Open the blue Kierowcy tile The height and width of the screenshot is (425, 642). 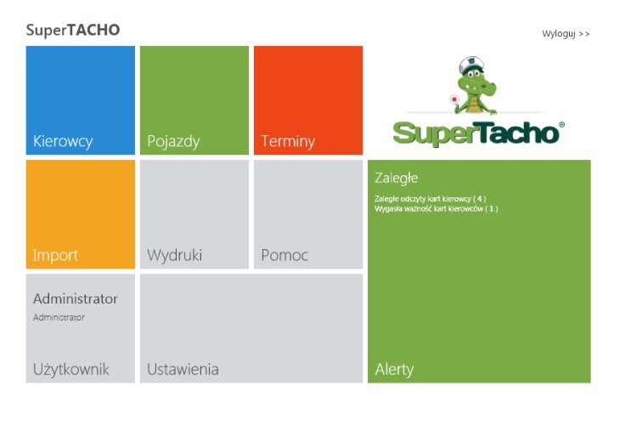tap(80, 100)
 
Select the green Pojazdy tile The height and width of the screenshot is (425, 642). tap(194, 100)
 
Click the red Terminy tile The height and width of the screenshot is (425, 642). tap(308, 100)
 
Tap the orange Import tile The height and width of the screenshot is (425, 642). tap(80, 214)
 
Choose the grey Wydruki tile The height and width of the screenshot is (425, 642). tap(194, 214)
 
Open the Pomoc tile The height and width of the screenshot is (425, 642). tap(308, 214)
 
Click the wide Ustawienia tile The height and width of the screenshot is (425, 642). tap(251, 328)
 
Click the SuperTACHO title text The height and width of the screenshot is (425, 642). tap(73, 31)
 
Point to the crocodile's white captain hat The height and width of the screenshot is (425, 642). tap(471, 64)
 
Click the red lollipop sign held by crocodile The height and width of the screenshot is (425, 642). tap(454, 99)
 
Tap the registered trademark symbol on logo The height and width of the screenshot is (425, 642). tap(561, 125)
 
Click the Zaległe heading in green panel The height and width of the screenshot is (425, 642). tap(397, 178)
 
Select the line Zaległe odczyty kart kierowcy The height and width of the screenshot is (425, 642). tap(431, 199)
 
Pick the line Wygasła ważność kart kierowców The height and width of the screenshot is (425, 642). tap(436, 208)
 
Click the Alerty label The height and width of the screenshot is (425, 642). tap(394, 369)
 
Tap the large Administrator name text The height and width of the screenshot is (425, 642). tap(76, 298)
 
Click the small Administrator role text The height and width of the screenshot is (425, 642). tap(59, 317)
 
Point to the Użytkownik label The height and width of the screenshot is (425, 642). tap(71, 369)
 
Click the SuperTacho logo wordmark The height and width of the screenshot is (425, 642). tap(477, 133)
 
